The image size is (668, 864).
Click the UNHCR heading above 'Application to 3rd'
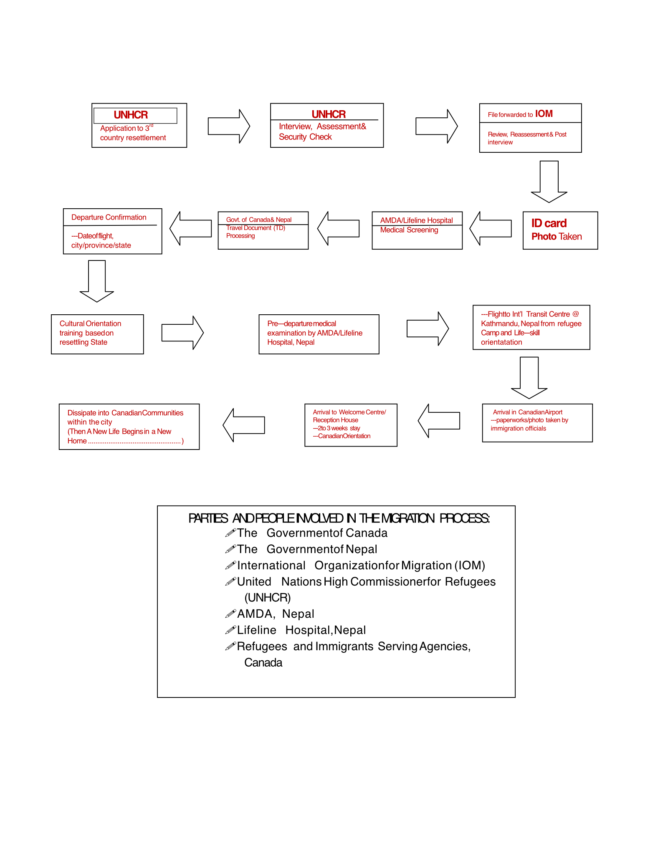pos(131,115)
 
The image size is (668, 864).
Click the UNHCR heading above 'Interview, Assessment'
pos(329,114)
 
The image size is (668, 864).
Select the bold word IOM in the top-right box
pos(544,114)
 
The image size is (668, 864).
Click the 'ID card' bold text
pos(549,223)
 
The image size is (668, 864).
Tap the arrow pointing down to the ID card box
pos(549,182)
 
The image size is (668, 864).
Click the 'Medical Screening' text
pos(409,230)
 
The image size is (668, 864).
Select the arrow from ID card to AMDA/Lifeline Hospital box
pos(491,228)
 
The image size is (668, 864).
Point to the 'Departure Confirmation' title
pos(109,217)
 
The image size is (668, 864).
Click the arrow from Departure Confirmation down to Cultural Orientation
pos(97,281)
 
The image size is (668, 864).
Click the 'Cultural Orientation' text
pos(90,323)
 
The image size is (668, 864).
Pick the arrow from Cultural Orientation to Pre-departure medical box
pos(182,333)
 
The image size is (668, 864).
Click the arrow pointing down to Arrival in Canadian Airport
pos(529,378)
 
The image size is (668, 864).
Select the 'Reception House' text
pos(336,420)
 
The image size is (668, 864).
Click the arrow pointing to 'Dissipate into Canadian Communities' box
pos(244,425)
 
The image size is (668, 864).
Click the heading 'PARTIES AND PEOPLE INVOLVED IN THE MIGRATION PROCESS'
pos(339,518)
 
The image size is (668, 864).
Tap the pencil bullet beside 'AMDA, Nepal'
pos(230,614)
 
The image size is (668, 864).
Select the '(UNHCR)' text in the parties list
pos(268,598)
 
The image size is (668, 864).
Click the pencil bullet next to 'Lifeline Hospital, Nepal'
pos(230,630)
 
